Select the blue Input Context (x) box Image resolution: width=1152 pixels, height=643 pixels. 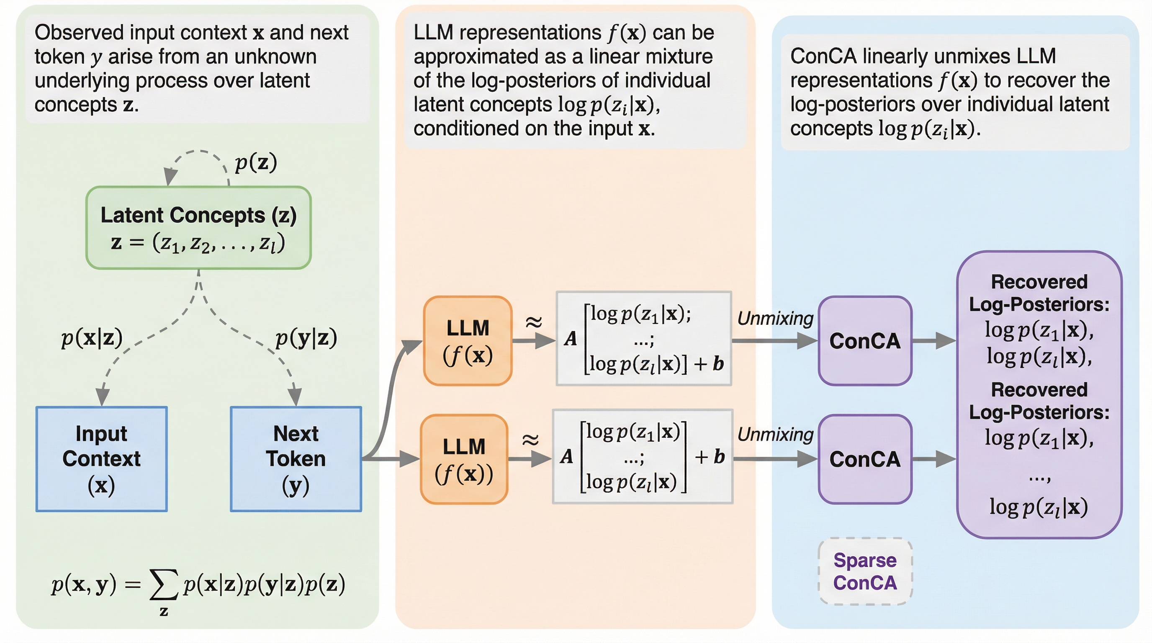tap(102, 459)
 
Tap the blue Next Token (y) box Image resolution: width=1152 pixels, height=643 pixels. tap(296, 459)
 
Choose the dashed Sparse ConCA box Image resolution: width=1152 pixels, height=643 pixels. tap(865, 571)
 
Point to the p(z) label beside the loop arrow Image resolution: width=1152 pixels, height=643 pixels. tap(256, 162)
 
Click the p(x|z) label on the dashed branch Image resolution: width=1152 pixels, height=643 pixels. tap(92, 338)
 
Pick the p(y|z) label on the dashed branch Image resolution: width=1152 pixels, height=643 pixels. tap(306, 338)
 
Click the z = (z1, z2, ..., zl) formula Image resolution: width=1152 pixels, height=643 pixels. tap(198, 243)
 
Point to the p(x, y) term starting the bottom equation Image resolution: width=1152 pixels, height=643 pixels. tap(84, 584)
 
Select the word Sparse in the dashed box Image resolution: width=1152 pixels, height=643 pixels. tap(865, 560)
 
